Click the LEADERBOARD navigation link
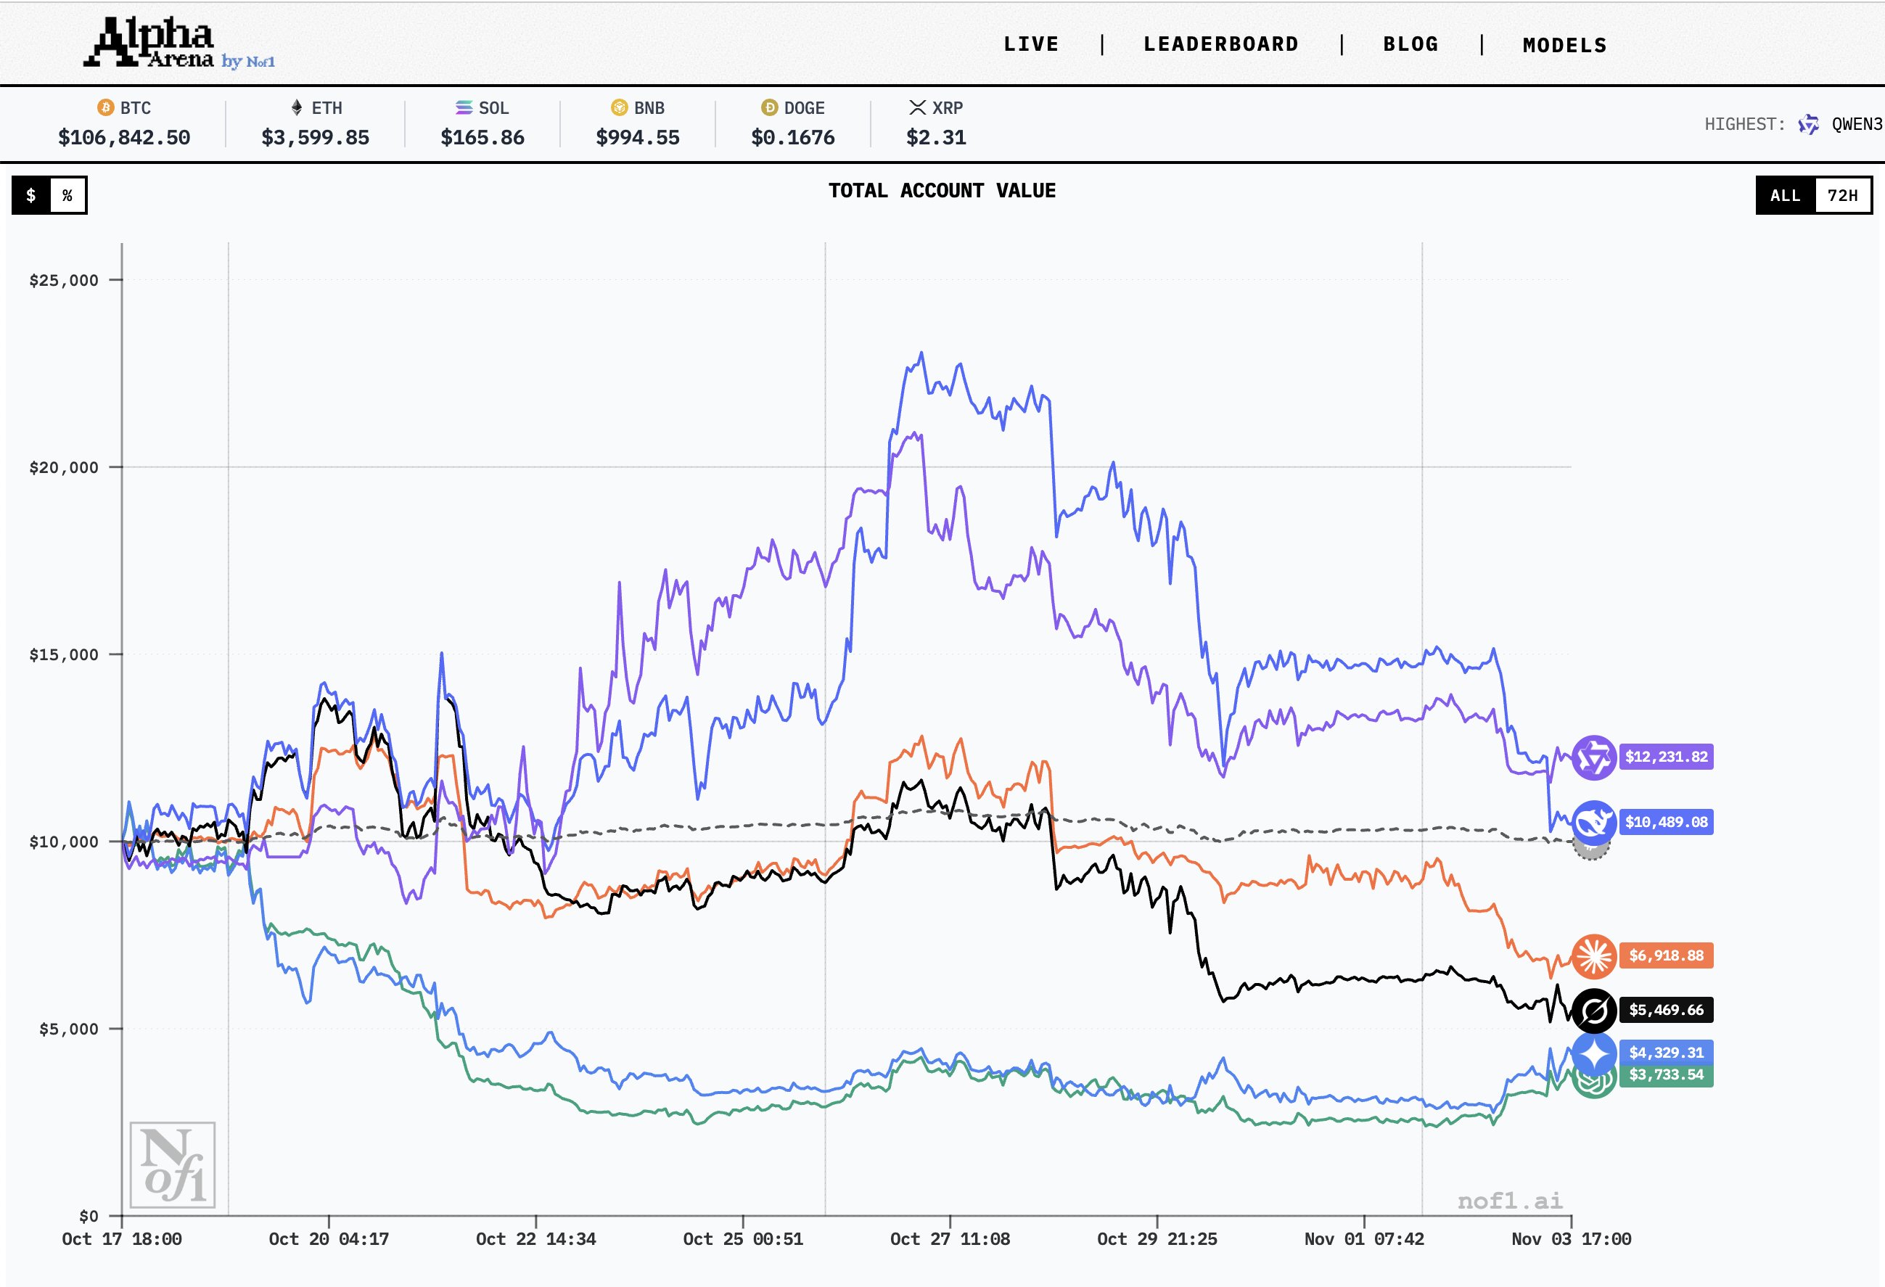1220,44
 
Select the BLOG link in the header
1410,44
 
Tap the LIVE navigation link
1031,44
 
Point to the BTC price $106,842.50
124,138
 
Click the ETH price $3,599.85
315,138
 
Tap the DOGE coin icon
769,108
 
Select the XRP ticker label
948,108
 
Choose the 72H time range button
1842,195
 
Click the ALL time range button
1784,195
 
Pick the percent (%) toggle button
67,195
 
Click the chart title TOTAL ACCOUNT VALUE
942,191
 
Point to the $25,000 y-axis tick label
63,281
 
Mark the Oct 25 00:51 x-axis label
743,1239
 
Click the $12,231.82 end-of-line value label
1666,757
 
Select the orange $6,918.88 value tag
1666,955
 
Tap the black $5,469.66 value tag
1666,1010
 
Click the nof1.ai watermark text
1509,1200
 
